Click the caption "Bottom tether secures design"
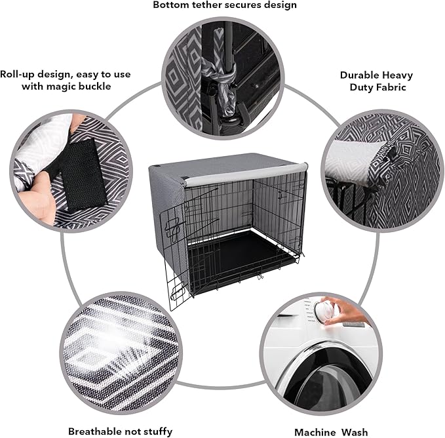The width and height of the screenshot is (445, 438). (x=225, y=5)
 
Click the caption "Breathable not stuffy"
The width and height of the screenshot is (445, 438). (x=121, y=431)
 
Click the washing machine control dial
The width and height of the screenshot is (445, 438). (x=323, y=310)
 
